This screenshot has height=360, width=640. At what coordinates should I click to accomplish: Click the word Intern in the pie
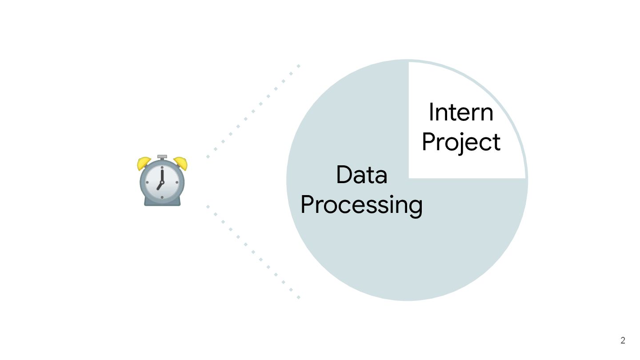(461, 112)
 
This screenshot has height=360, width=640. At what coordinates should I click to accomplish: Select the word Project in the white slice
(461, 143)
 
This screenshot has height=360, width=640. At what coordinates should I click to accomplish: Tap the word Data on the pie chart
(361, 175)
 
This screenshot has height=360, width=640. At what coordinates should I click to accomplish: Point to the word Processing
(361, 205)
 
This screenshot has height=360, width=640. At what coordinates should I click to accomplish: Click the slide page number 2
(623, 341)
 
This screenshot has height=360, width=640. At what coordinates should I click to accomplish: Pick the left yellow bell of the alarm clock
(144, 164)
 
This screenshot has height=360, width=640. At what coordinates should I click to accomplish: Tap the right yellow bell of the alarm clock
(181, 163)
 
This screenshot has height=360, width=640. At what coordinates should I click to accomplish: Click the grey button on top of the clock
(162, 157)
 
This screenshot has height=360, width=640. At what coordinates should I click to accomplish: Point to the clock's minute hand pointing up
(162, 174)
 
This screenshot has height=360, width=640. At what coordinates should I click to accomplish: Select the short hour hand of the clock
(160, 186)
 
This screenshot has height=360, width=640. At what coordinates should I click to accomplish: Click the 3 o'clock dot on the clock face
(177, 182)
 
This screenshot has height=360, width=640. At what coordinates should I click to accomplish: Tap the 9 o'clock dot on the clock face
(148, 182)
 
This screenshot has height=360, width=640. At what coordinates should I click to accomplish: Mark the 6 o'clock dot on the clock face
(162, 197)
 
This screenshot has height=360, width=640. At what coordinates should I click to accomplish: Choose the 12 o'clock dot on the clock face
(162, 168)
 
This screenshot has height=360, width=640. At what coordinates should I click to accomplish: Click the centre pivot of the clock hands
(162, 182)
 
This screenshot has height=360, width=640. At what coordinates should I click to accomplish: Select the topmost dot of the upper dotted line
(299, 66)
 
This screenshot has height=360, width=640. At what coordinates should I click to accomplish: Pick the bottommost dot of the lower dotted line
(299, 297)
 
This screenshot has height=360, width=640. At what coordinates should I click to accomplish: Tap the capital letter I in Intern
(431, 112)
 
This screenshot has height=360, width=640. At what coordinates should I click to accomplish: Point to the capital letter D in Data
(343, 175)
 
